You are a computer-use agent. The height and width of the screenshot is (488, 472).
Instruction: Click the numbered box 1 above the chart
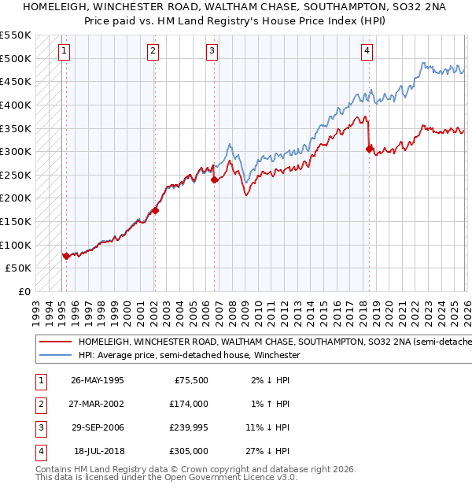[x=64, y=52]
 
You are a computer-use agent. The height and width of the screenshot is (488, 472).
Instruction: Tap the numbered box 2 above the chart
[x=153, y=52]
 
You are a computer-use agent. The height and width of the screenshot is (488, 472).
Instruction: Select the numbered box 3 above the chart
[x=212, y=52]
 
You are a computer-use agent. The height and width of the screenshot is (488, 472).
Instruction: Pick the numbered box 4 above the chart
[x=367, y=52]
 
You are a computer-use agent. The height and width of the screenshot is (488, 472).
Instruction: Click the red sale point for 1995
[x=66, y=256]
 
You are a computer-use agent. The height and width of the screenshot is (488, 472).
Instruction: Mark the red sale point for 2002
[x=156, y=210]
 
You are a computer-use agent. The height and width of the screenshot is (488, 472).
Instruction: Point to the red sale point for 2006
[x=215, y=179]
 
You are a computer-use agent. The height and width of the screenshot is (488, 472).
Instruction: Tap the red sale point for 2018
[x=369, y=149]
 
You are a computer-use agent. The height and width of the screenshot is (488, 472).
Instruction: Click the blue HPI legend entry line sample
[x=55, y=356]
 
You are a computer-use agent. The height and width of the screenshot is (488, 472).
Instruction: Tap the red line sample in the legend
[x=55, y=342]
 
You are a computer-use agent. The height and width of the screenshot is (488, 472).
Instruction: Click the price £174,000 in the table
[x=189, y=404]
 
